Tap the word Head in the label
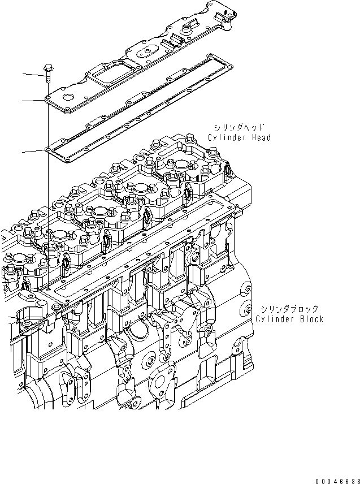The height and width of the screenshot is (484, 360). [260, 138]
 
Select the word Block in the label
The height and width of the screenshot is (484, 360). [311, 319]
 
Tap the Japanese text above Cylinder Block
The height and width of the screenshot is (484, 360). [289, 309]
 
